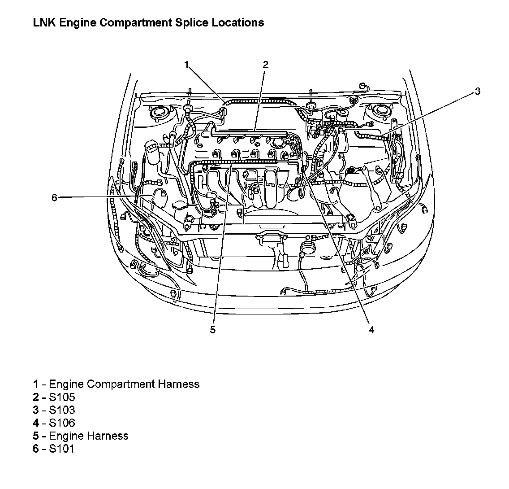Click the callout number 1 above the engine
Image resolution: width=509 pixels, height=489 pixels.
(187, 65)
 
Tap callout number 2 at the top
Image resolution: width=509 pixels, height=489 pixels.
(265, 65)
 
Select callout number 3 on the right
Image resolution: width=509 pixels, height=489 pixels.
(478, 91)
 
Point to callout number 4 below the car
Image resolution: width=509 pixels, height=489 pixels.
(371, 330)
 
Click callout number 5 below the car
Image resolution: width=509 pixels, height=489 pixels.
(212, 330)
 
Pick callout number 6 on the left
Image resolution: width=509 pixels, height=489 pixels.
(54, 197)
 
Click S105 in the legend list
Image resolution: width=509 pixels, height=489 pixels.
(62, 397)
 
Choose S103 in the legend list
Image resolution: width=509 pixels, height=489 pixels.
(62, 410)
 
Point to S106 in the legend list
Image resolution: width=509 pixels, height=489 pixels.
(62, 423)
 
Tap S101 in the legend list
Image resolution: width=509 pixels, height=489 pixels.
(62, 449)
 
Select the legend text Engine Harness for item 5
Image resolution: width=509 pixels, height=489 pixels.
(88, 436)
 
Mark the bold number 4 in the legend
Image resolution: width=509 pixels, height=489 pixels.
(35, 423)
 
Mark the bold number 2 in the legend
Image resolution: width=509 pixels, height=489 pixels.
(35, 397)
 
